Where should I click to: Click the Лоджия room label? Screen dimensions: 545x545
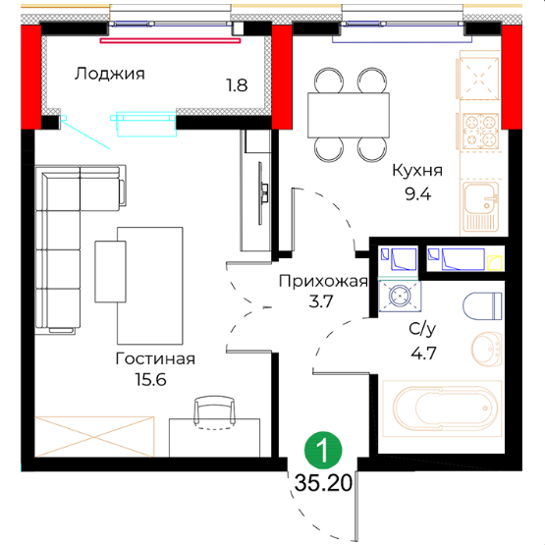click(x=109, y=74)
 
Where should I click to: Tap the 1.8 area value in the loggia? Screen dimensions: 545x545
click(x=237, y=85)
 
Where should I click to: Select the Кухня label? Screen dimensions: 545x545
click(x=417, y=171)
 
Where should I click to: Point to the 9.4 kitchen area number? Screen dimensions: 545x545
click(x=417, y=194)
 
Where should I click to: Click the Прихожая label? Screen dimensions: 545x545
click(x=323, y=281)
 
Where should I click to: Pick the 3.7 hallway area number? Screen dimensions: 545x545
click(x=321, y=301)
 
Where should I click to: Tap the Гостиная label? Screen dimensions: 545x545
click(x=155, y=358)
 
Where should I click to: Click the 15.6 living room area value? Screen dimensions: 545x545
click(x=151, y=380)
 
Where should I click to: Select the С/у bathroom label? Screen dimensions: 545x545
click(x=422, y=329)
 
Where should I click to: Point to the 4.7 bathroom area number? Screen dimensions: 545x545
click(x=423, y=354)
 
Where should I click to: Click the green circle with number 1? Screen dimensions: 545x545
click(x=323, y=450)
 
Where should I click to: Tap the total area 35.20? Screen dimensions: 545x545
click(x=323, y=483)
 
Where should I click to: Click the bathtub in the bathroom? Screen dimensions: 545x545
click(x=442, y=409)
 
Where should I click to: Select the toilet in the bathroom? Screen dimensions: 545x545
click(x=482, y=305)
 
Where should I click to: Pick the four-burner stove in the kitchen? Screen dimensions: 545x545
click(x=480, y=131)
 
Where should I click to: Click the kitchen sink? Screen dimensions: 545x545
click(x=480, y=206)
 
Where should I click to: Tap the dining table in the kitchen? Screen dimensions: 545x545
click(x=349, y=115)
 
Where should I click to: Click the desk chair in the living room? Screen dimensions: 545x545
click(x=214, y=410)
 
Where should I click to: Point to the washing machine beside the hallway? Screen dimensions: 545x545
click(x=400, y=297)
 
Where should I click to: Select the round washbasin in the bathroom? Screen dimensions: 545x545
click(x=487, y=349)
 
